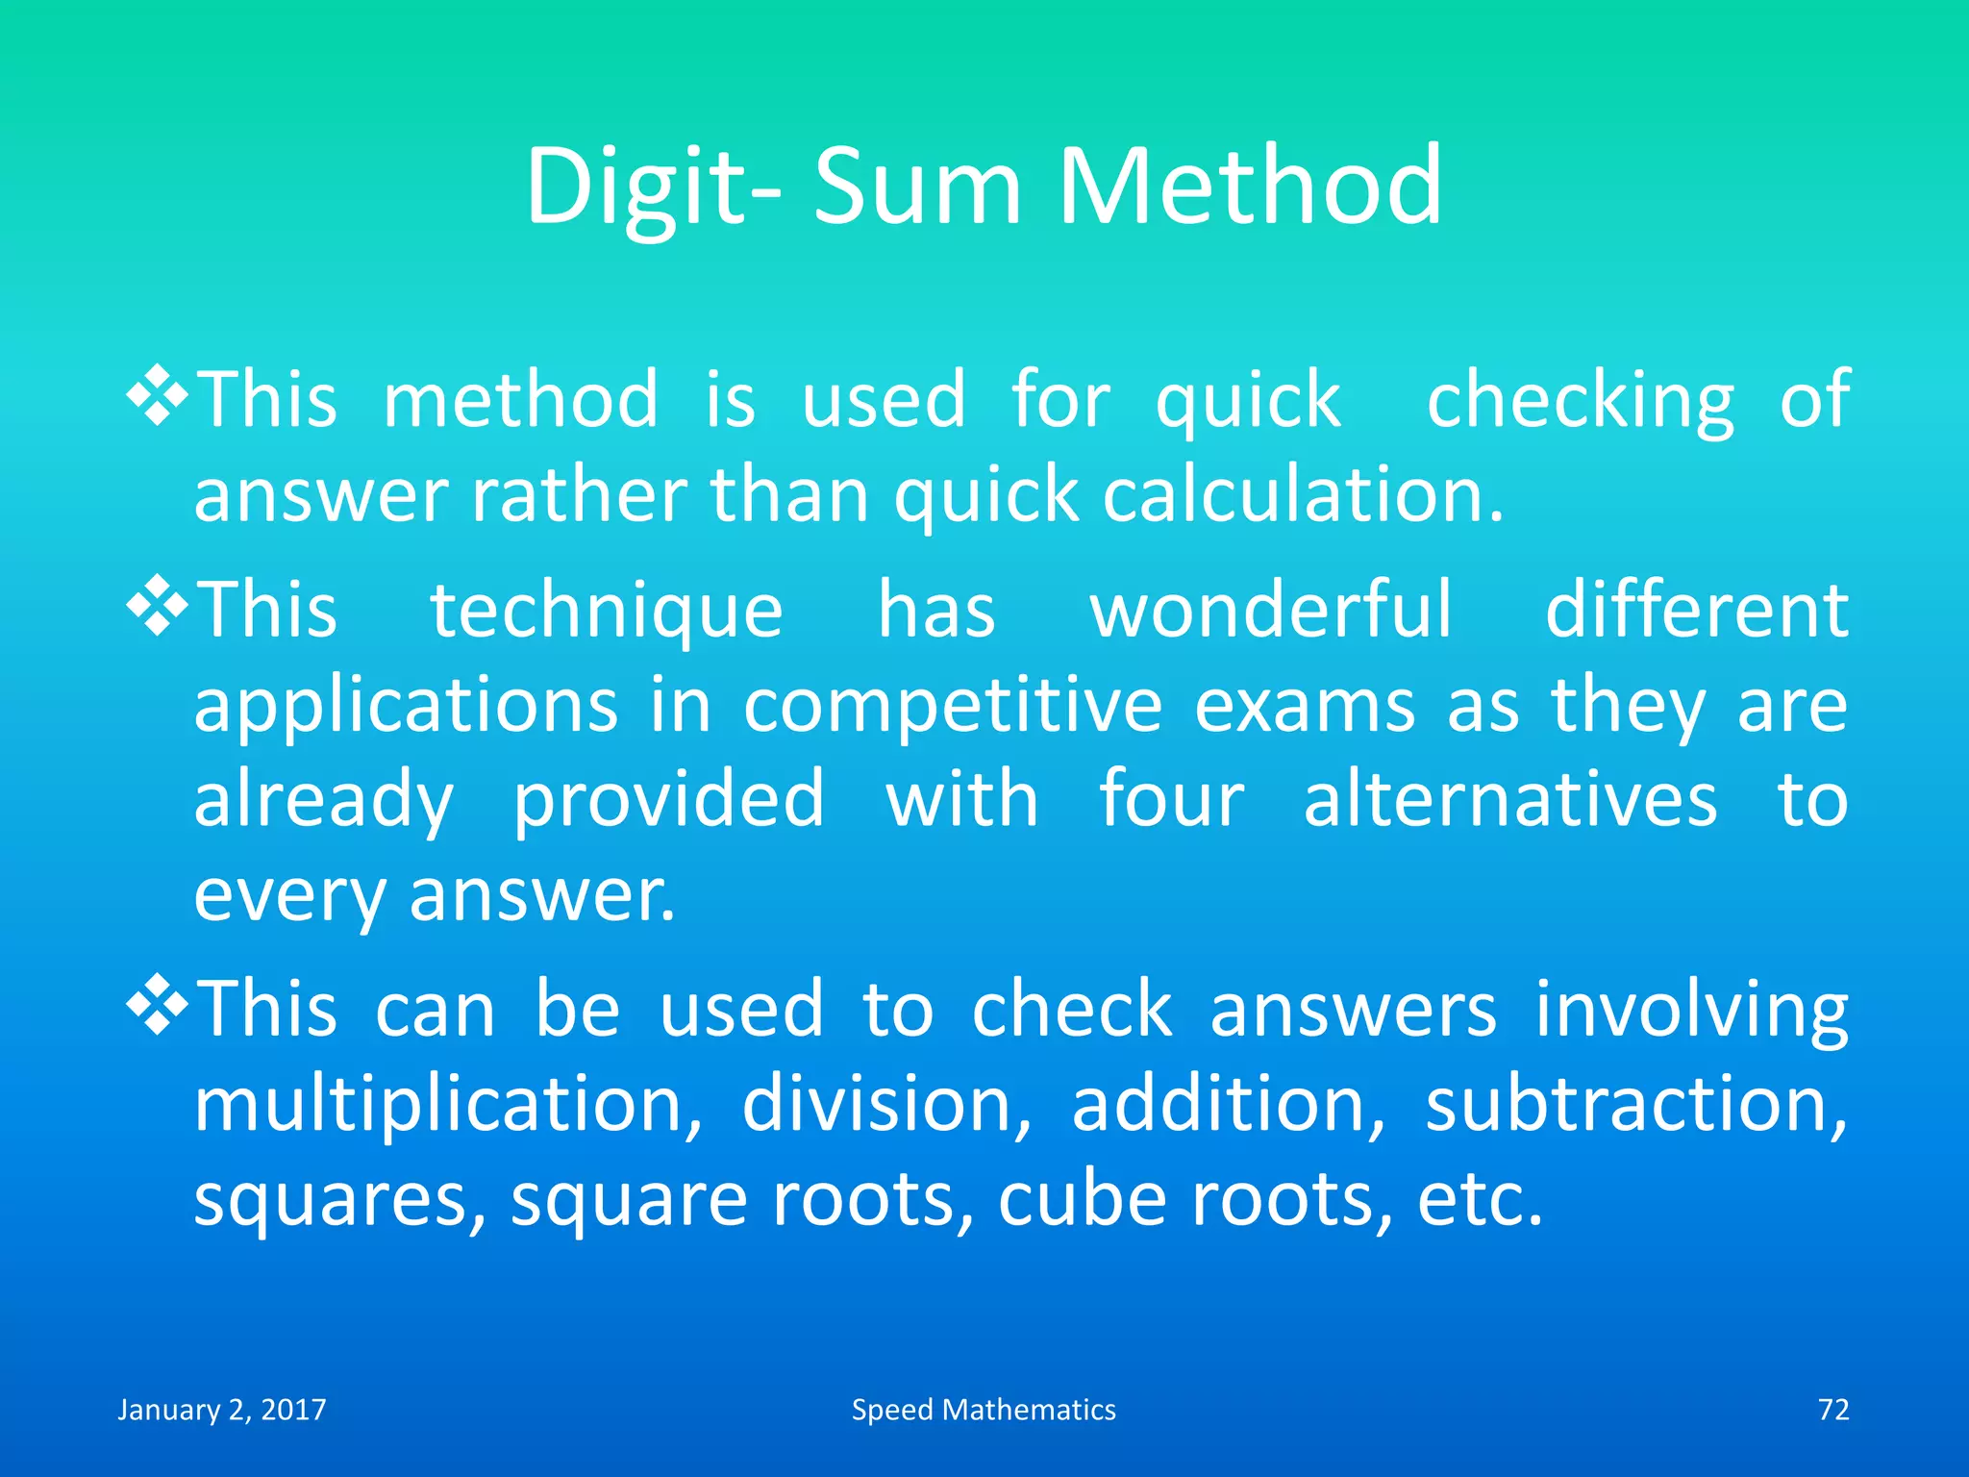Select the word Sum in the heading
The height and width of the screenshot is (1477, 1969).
917,188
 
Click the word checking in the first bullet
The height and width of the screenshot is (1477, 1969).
1581,401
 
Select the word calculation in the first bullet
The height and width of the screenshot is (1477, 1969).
1302,495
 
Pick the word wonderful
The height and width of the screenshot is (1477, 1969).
1270,610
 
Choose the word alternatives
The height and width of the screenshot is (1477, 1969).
1509,799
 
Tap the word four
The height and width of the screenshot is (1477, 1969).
1171,799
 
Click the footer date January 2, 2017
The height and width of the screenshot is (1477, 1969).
222,1410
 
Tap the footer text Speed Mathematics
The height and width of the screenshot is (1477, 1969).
984,1410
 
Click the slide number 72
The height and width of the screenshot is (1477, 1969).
1833,1410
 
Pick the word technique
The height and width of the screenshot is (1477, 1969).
607,612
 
